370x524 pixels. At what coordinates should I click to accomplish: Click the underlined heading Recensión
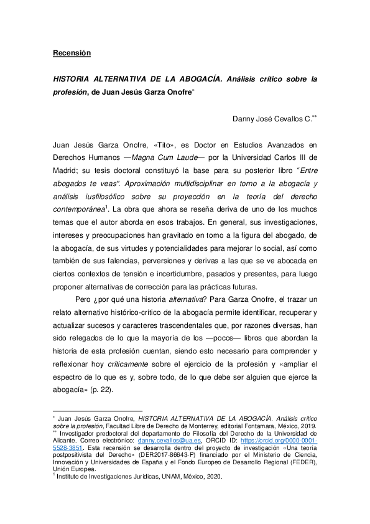tap(72, 53)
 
